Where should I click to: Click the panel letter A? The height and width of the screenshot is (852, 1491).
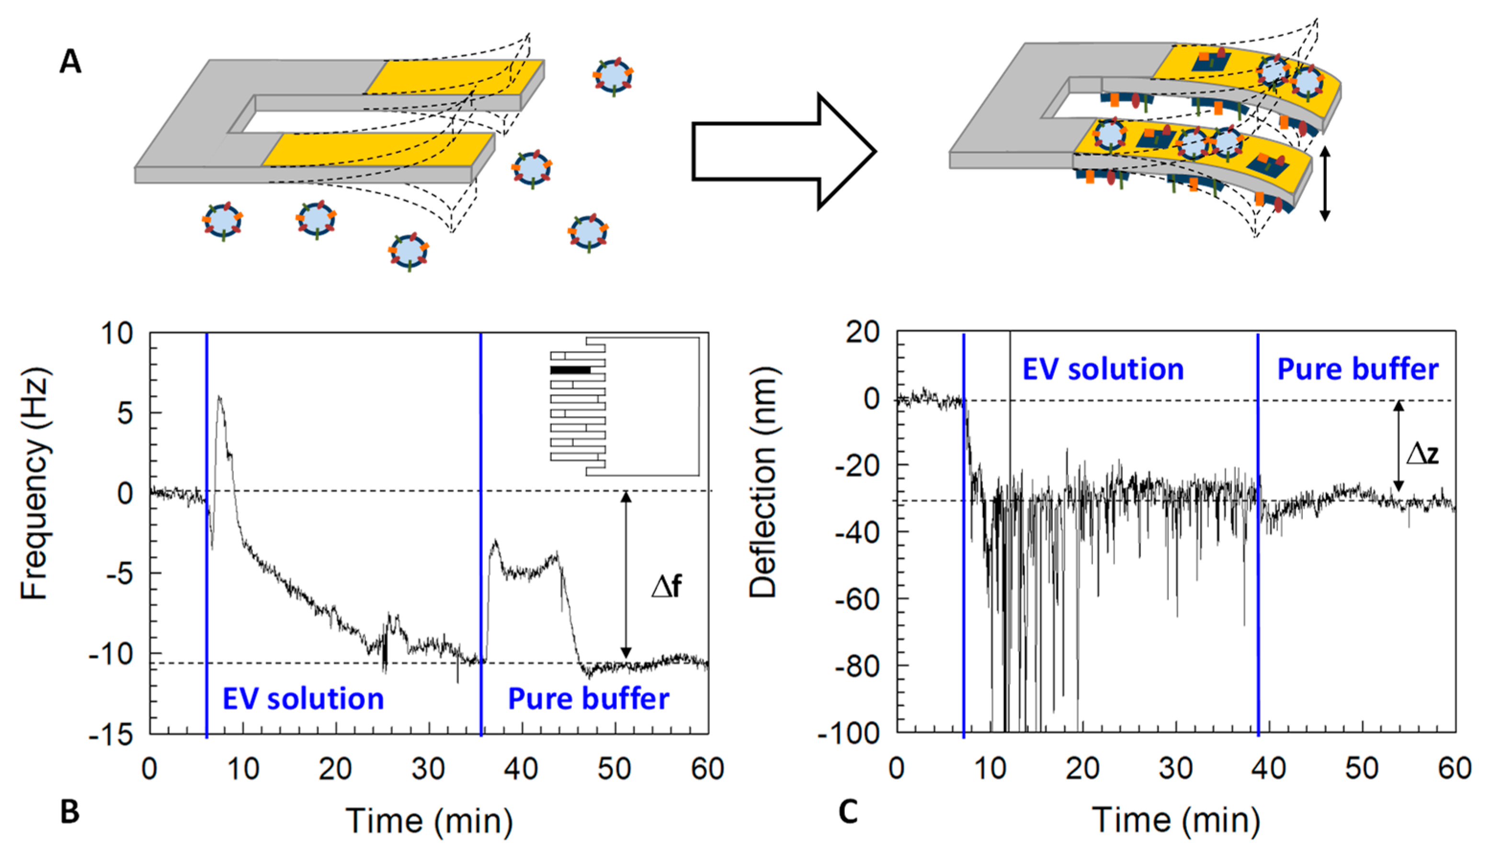pos(70,61)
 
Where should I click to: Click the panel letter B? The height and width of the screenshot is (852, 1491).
pos(70,812)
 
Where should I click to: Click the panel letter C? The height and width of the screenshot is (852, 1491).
pos(849,812)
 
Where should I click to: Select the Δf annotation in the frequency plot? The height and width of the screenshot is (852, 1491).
pos(667,586)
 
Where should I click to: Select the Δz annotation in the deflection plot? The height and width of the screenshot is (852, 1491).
pos(1422,453)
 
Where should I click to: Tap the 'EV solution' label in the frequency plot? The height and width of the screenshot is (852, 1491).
pos(303,699)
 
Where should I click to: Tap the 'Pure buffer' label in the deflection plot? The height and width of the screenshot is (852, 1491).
pos(1357,369)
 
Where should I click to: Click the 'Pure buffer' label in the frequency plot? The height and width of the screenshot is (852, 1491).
pos(588,699)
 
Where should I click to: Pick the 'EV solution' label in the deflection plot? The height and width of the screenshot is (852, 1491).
pos(1103,369)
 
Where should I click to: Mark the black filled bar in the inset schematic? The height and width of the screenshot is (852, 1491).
pos(570,370)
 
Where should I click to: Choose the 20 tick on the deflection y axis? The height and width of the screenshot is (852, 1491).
pos(863,332)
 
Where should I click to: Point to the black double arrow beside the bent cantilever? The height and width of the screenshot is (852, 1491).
pos(1325,183)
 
